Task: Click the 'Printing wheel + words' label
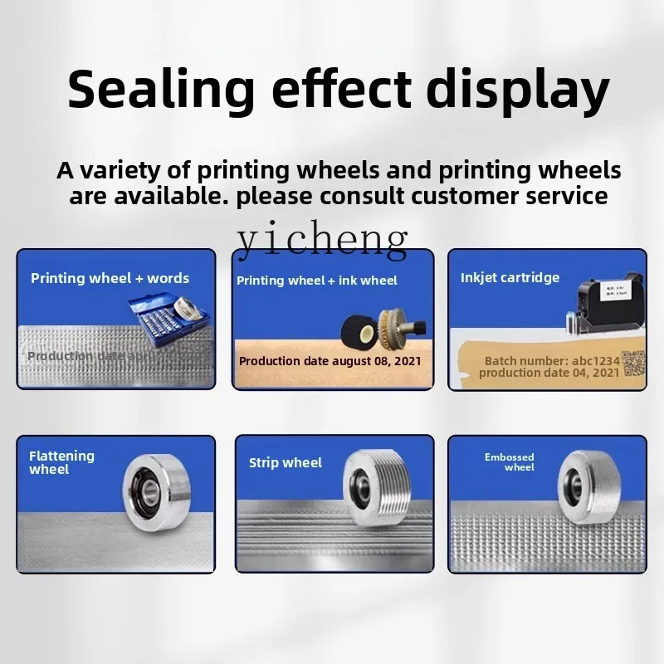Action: click(110, 278)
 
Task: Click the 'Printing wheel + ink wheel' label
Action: click(317, 281)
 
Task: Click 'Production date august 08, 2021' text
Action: click(330, 361)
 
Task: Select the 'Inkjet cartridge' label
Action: click(510, 278)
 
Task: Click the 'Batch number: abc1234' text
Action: click(551, 361)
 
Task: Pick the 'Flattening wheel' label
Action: click(61, 462)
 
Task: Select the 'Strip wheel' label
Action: click(286, 463)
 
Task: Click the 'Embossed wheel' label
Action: click(510, 462)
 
